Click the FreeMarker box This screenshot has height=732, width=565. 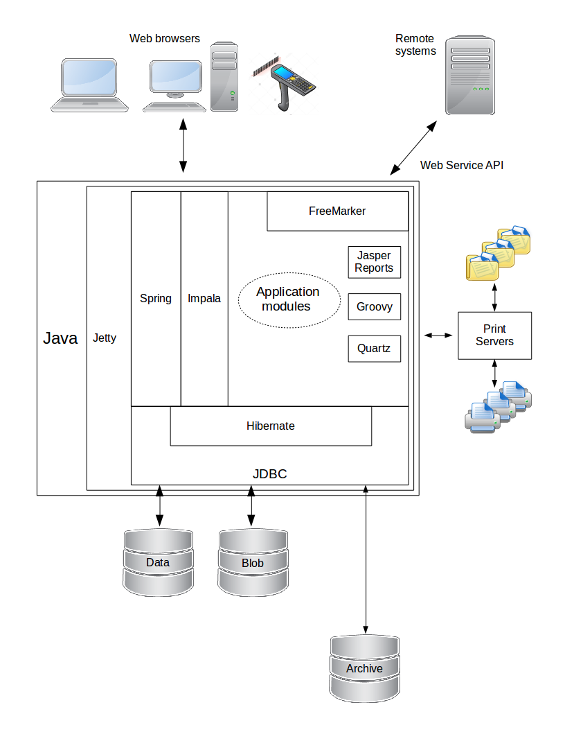pos(337,211)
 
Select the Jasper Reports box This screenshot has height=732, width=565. pos(374,262)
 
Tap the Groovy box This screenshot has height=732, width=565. pos(374,306)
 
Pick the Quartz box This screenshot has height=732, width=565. pos(374,349)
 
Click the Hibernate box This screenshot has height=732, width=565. pos(271,426)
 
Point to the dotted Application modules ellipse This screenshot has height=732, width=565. pos(289,299)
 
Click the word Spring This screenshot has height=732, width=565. pos(156,299)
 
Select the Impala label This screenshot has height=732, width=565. pos(204,299)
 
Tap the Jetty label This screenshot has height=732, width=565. pos(105,339)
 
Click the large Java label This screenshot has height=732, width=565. pos(60,338)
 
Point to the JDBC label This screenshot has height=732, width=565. pos(269,475)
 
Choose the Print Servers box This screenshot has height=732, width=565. pos(494,335)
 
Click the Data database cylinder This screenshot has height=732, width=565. pos(158,562)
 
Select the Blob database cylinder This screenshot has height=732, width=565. pos(253,563)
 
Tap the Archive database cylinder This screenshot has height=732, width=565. pos(364,668)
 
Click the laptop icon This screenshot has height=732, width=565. pos(90,85)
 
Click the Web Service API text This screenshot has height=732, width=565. pos(462,165)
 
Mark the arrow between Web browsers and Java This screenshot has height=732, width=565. pos(183,146)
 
